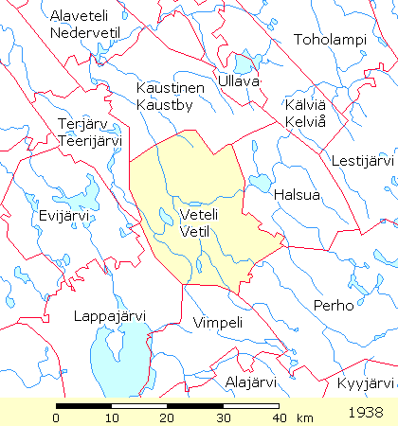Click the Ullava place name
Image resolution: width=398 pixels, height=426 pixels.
pos(239,82)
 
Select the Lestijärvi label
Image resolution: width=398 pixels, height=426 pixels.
pos(363,161)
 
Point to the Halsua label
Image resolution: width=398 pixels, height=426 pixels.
pos(297,195)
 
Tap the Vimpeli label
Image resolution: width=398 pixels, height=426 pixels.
pos(218,323)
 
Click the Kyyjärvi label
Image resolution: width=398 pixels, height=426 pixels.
pos(365,382)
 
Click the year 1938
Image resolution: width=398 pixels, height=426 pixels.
pos(365,413)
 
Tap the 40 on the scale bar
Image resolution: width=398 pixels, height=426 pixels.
pos(278,417)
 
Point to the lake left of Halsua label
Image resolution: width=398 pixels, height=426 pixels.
pos(258,182)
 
